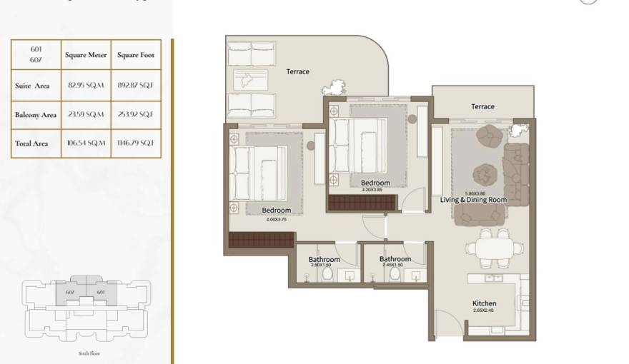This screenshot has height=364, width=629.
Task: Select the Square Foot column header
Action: pos(136,55)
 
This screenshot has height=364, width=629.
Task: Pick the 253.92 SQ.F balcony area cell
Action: pos(136,114)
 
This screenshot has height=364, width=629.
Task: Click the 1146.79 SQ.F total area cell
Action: pos(136,143)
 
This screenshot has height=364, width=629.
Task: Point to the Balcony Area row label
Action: pos(35,114)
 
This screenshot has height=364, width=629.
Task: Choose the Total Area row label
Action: pos(31,143)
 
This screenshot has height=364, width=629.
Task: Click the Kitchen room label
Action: pos(484,303)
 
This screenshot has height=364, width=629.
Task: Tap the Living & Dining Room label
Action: pos(473,200)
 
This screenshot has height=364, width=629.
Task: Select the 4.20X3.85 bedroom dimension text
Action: pos(375,190)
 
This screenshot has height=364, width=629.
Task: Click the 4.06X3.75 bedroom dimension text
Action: pos(276,219)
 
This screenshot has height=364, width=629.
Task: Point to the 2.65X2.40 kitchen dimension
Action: pos(484,310)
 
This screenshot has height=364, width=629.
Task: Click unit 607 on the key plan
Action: pos(70,292)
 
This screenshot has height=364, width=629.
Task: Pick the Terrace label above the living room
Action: pos(482,106)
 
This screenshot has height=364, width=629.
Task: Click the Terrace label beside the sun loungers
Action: pos(297,71)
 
